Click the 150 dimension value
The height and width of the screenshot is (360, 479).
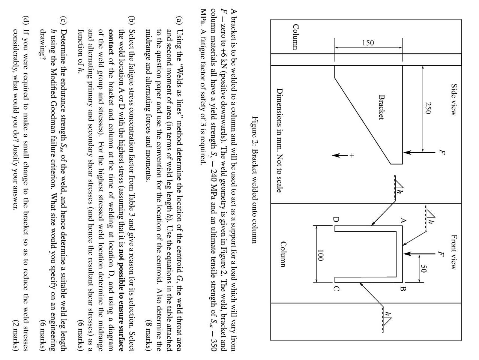point(368,43)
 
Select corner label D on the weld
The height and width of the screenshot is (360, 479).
point(336,220)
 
